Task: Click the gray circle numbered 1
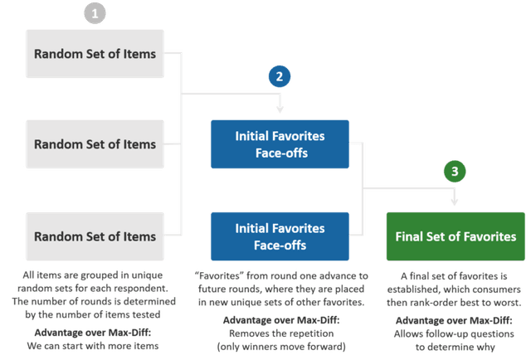(95, 13)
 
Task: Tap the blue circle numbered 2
(280, 76)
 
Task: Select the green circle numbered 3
(455, 172)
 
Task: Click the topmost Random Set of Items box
(95, 54)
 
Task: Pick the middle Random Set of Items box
(95, 144)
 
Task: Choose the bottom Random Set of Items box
(95, 236)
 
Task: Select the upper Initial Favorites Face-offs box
(280, 144)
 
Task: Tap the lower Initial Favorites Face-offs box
(280, 236)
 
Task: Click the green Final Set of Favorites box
(455, 236)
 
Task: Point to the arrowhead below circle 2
(280, 109)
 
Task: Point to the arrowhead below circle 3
(455, 202)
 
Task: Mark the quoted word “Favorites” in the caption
(219, 275)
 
